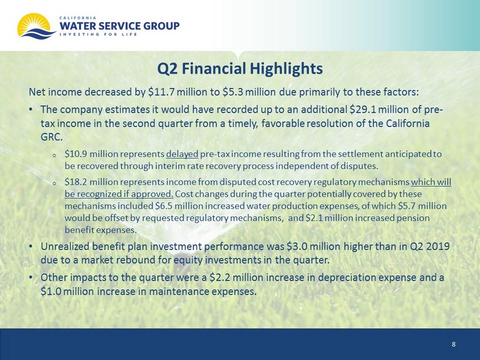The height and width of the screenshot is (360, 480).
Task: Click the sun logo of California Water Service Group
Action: click(x=36, y=27)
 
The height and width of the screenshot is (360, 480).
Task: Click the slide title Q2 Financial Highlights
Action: click(x=240, y=68)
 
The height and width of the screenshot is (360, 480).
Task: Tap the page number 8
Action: click(x=453, y=344)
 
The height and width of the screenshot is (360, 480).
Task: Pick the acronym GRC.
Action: click(x=51, y=137)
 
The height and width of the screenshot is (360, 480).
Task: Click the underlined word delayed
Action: click(x=182, y=154)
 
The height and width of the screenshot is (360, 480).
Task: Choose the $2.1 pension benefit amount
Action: click(x=315, y=218)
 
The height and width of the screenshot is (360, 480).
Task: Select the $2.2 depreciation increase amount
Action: click(x=221, y=278)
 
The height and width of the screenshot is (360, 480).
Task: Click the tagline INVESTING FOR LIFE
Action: click(x=98, y=34)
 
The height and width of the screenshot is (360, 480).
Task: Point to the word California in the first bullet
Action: click(x=408, y=123)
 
